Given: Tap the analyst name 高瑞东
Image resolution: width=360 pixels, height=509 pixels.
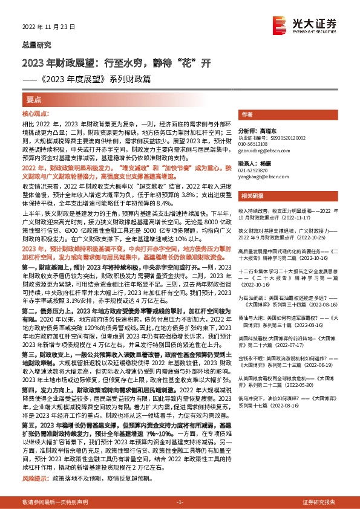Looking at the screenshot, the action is (x=266, y=130).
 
